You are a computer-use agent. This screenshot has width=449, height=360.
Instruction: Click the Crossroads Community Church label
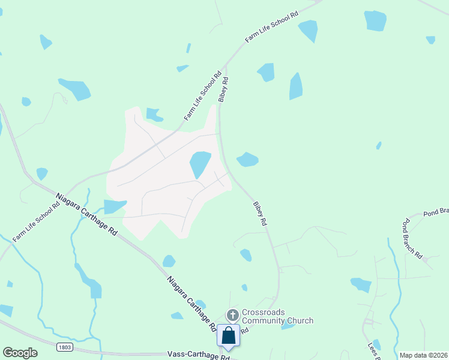[x=277, y=316]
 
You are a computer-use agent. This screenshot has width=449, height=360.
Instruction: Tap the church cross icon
[x=233, y=315]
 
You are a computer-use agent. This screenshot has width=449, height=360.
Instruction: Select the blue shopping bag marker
[x=229, y=335]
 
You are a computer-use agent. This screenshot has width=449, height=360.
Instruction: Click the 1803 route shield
[x=65, y=347]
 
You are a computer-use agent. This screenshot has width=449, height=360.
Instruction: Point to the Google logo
[x=20, y=353]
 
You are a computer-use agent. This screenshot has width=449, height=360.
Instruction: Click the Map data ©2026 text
[x=423, y=355]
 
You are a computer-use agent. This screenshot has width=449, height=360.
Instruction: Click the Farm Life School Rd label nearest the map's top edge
[x=271, y=27]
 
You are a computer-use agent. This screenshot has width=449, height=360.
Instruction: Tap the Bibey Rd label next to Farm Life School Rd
[x=224, y=89]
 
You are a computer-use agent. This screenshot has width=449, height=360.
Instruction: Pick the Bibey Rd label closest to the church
[x=259, y=213]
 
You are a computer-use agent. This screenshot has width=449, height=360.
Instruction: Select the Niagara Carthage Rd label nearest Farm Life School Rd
[x=86, y=214]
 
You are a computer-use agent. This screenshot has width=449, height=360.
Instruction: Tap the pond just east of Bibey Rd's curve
[x=247, y=160]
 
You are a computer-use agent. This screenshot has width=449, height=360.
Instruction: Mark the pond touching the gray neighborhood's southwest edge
[x=114, y=206]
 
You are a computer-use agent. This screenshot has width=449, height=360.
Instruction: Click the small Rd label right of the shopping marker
[x=245, y=331]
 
